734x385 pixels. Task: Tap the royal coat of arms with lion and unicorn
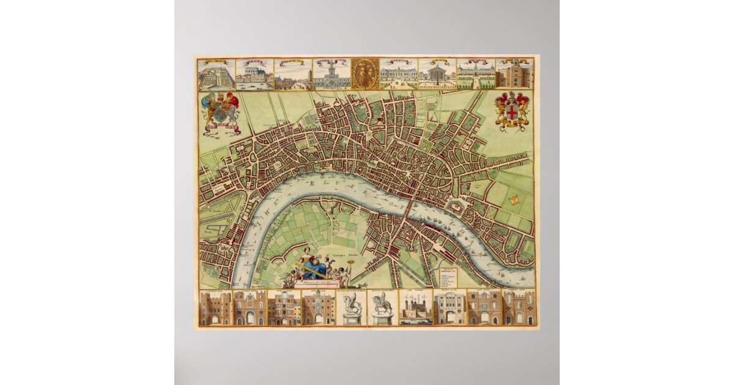220,112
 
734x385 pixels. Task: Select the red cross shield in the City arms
512,111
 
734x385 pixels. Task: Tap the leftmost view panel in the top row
216,74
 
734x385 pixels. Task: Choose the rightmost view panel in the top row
514,74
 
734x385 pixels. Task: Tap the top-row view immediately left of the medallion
332,74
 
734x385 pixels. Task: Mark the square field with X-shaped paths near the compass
499,194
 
